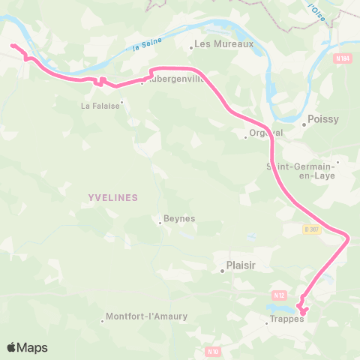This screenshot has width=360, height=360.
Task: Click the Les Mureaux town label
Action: point(224,43)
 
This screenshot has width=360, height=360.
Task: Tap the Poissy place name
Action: point(324,118)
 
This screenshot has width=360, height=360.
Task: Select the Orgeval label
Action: point(263,136)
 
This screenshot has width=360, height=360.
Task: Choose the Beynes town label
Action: point(181,218)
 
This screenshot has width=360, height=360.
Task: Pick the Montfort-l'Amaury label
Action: point(147,316)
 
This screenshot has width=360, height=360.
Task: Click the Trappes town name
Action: point(286,319)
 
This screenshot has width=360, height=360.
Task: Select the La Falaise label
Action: point(100,106)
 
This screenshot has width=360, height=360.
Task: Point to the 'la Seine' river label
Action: point(147,46)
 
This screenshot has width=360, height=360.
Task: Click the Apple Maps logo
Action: point(27,347)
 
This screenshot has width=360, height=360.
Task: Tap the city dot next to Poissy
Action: point(304,125)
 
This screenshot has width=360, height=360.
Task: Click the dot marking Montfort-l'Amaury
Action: point(103,322)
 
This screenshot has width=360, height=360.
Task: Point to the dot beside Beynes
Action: point(160,222)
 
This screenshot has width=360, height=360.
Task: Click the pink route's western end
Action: point(12,46)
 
